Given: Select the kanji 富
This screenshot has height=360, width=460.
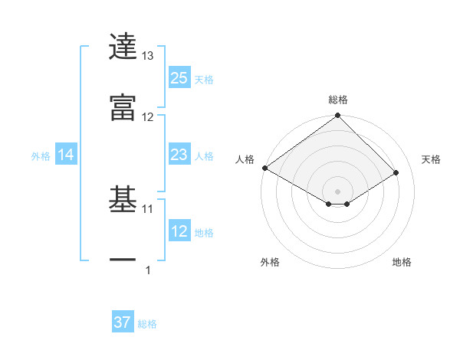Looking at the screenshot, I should coord(123,108).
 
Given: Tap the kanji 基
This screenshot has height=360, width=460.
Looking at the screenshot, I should coord(123,201).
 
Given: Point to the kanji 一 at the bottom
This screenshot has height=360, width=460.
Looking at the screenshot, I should coord(123,261).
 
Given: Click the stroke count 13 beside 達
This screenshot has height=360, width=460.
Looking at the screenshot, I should coord(148,56).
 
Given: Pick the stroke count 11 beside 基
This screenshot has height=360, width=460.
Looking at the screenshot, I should coord(148,208).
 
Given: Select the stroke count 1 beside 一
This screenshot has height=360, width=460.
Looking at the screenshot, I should coord(148,270).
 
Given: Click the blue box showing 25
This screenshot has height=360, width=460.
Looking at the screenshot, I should coord(179,78).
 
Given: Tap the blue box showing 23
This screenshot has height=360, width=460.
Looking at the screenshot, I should coord(179,155).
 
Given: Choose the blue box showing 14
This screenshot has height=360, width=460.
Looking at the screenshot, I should coord(66,155).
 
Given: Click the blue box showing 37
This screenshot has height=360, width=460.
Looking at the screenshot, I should coord(123,322).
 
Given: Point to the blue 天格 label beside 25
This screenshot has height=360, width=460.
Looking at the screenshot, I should coord(204,79).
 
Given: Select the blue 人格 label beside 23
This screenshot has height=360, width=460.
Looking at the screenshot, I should coord(204,155).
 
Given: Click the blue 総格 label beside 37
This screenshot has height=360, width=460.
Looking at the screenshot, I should coord(147,323).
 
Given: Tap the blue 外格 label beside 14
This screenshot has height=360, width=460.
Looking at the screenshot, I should coord(41,155).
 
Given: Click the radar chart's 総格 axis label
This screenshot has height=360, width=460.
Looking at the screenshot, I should coord(338,100).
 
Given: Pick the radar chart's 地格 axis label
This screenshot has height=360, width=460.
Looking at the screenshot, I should coord(402,262).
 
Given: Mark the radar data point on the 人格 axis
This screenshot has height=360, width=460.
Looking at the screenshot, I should coord(264,168).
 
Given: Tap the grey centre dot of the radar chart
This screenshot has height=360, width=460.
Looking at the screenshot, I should coord(337,190).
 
